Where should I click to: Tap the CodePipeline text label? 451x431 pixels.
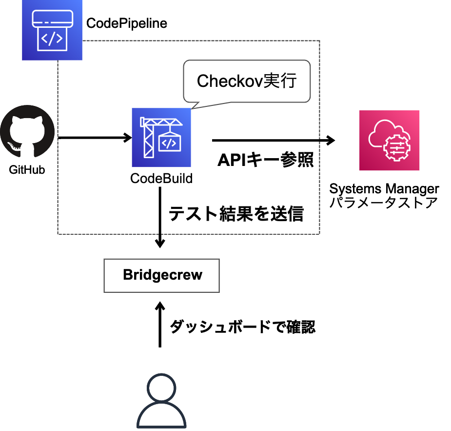pos(126,23)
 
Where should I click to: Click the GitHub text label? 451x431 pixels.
pos(27,170)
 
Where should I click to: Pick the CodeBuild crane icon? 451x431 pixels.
pos(161,138)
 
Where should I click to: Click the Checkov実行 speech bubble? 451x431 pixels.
pos(246,81)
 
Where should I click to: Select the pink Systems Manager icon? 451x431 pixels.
pos(389,140)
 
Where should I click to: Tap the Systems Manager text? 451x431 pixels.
pos(384,189)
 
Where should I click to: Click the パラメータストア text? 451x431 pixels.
pos(384,203)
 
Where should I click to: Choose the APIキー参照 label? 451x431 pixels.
pos(265,160)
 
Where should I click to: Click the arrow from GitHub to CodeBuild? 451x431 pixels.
pos(95,138)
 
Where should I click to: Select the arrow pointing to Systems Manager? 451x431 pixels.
pos(273,141)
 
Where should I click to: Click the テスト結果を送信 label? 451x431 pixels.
pos(236,214)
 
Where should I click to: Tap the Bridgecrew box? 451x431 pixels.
pos(162,275)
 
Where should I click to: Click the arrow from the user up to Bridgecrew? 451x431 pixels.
pos(160,325)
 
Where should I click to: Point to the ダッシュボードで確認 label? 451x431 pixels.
pos(242,327)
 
